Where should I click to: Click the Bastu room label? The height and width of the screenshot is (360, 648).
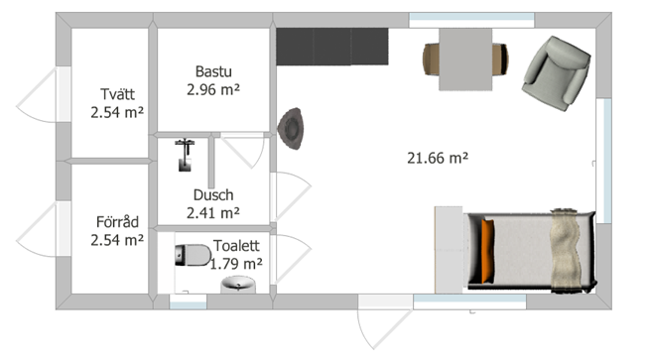(x=213, y=71)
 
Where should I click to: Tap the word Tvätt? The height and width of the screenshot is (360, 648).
(x=117, y=94)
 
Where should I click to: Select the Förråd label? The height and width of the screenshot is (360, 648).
(x=117, y=222)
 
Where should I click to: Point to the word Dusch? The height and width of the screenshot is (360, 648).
(x=213, y=194)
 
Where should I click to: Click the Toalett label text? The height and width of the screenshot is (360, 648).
(x=236, y=246)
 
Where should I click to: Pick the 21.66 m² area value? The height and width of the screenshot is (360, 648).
(x=438, y=158)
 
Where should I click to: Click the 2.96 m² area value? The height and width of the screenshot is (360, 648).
(x=213, y=89)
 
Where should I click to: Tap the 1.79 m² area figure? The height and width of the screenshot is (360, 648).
(x=236, y=264)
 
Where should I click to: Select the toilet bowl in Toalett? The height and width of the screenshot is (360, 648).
(x=193, y=255)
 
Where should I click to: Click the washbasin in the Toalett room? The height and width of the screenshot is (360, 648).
(x=238, y=285)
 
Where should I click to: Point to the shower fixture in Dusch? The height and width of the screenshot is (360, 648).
(x=185, y=155)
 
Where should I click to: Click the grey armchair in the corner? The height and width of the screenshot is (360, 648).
(x=557, y=73)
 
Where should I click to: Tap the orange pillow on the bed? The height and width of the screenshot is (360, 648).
(x=487, y=251)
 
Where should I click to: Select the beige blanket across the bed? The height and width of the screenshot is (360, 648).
(x=565, y=251)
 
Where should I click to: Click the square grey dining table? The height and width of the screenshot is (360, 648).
(x=465, y=60)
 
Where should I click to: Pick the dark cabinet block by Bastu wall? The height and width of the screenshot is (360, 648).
(x=332, y=47)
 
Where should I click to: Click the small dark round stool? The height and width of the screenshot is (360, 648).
(x=291, y=128)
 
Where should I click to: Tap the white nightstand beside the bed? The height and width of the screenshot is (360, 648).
(x=449, y=250)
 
